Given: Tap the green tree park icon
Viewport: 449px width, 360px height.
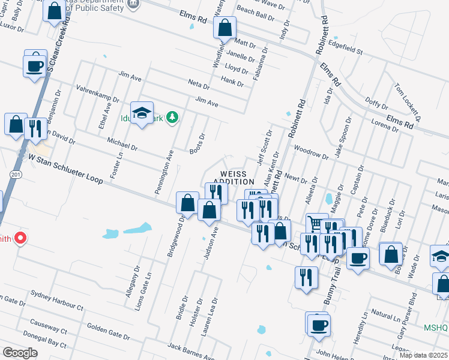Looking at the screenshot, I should tap(172, 116).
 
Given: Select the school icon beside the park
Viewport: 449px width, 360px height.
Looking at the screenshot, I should tap(142, 113).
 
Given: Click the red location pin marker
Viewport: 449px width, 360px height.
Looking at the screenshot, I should tap(20, 238).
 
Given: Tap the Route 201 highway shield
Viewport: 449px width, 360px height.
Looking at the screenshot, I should tap(14, 173).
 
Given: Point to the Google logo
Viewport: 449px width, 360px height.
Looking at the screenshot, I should tap(20, 352).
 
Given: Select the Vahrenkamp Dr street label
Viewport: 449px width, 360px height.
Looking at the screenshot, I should tap(98, 92).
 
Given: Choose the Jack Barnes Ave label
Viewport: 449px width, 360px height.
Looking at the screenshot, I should tap(191, 350).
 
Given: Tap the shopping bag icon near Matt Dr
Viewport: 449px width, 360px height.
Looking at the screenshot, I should tap(224, 28).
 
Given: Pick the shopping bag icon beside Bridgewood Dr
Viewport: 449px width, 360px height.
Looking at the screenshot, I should tap(187, 203).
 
